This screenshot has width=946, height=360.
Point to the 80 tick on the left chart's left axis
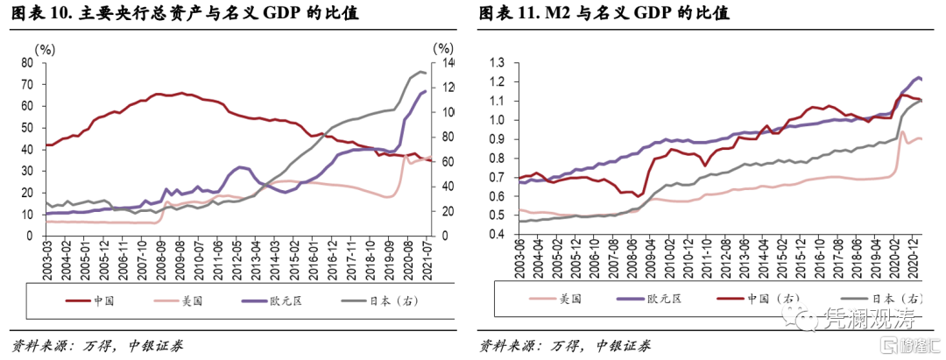[x=26, y=63]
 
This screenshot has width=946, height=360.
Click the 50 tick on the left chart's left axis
[x=26, y=128]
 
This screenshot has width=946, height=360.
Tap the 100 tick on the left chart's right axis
[x=446, y=112]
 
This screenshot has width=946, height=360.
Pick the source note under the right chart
[x=565, y=343]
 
